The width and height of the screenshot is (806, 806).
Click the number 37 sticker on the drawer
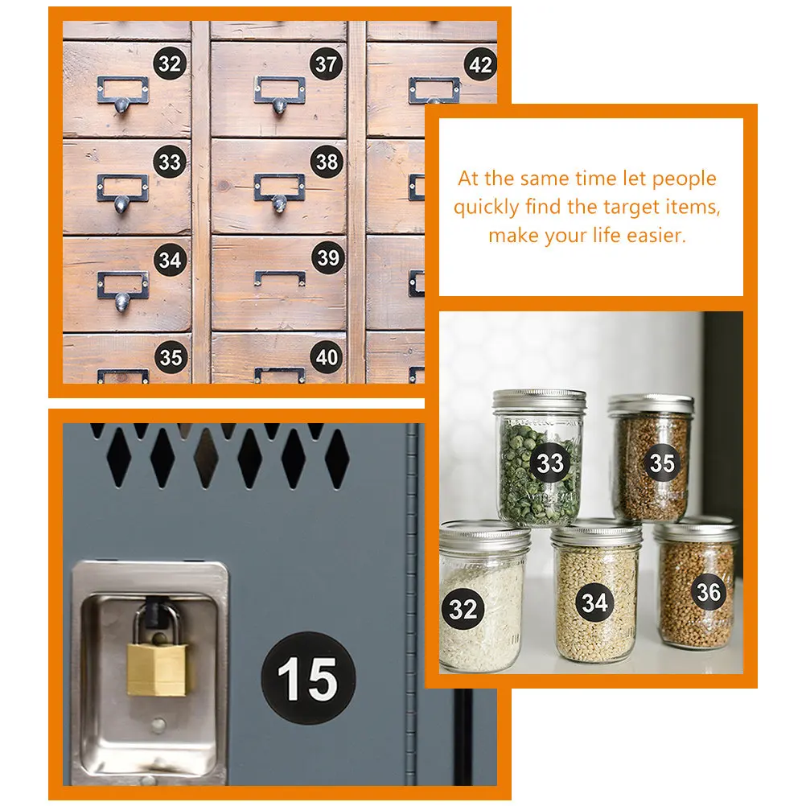(326, 64)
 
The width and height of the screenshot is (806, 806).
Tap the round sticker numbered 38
(327, 162)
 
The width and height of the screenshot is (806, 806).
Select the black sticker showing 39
(328, 257)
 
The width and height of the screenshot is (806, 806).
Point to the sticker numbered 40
(327, 356)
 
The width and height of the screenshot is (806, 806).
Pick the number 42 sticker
(480, 65)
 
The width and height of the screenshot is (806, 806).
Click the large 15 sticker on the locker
(308, 679)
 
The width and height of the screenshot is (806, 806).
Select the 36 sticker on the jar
(709, 592)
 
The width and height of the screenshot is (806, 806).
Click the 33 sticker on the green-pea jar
(550, 463)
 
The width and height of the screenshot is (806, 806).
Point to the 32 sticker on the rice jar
(463, 609)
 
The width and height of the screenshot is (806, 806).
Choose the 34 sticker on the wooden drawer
(171, 260)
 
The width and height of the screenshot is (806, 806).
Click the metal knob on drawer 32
(121, 105)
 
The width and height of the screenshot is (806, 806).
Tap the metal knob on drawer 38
(279, 203)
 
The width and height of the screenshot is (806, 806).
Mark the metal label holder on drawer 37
(280, 89)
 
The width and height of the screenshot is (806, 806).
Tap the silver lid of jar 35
(651, 405)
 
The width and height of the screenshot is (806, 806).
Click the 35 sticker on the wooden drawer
(171, 357)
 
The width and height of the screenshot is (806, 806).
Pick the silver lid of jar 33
(539, 400)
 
